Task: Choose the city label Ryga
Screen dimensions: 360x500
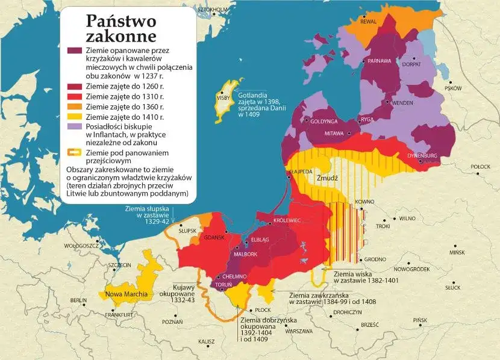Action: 367,119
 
